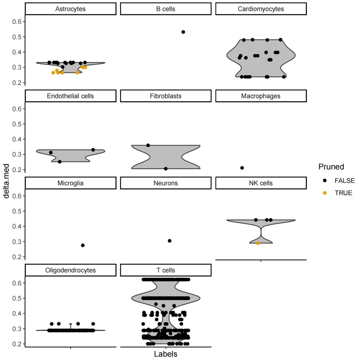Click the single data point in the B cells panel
(183, 32)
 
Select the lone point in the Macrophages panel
(242, 168)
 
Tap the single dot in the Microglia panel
(83, 245)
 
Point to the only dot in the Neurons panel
(169, 241)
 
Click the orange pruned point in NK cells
(258, 243)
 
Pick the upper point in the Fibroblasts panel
(148, 145)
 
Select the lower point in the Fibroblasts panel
(166, 169)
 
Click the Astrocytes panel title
(71, 9)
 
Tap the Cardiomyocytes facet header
(261, 9)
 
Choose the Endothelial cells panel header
(71, 96)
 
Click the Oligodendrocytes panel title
(71, 270)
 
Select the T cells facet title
(166, 270)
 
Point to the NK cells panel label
(261, 183)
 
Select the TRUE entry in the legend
(343, 193)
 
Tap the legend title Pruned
(331, 167)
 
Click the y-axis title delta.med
(7, 181)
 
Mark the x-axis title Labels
(166, 354)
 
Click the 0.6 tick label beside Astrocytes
(17, 22)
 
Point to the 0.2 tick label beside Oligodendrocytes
(17, 344)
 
